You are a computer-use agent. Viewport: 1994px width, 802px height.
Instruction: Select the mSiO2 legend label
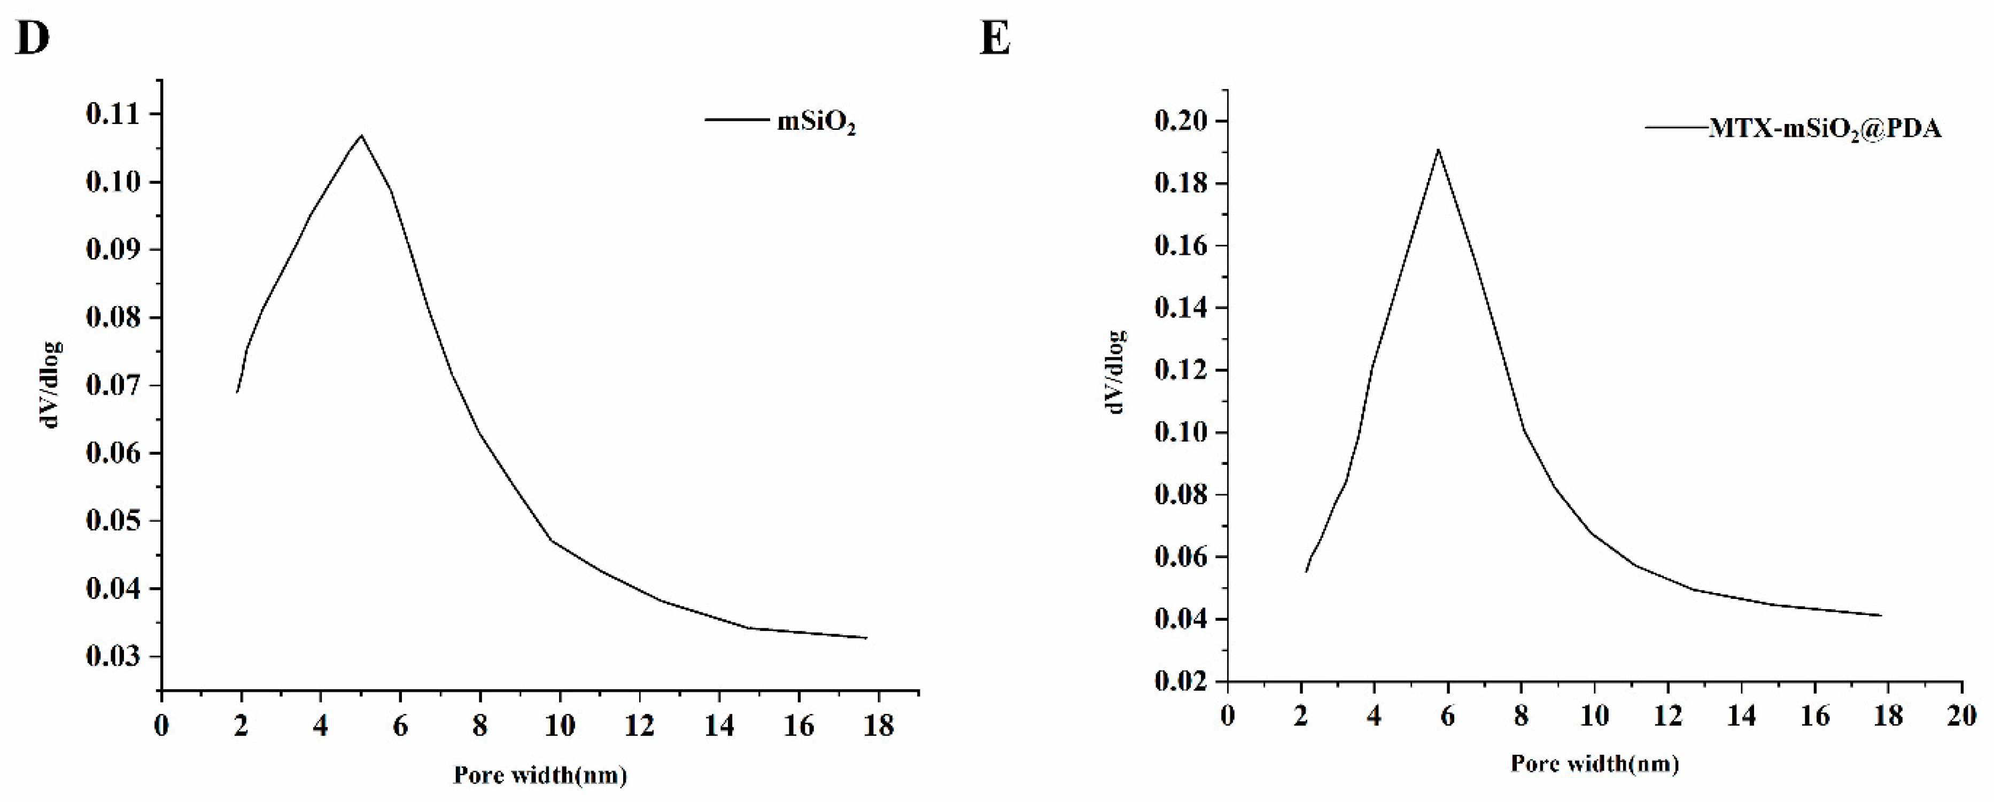coord(816,124)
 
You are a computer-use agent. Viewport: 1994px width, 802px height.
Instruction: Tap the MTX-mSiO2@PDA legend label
coord(1825,129)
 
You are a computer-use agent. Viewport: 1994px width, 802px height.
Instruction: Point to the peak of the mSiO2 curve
coord(361,136)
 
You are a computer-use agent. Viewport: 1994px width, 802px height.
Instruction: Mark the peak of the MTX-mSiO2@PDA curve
coord(1438,150)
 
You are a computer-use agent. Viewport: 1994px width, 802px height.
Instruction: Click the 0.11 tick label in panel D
coord(114,114)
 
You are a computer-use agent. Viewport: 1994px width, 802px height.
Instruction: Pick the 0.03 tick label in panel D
coord(114,657)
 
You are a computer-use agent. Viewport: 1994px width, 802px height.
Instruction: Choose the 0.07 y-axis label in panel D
coord(114,386)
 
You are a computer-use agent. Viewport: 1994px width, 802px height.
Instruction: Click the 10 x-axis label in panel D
coord(559,726)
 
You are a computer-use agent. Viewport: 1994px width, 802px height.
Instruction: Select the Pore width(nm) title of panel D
coord(540,775)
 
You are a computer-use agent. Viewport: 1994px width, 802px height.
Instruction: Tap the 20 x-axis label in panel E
coord(1961,715)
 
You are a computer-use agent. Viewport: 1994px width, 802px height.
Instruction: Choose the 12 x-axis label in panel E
coord(1667,715)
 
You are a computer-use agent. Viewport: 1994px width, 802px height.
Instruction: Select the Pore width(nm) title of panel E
coord(1595,764)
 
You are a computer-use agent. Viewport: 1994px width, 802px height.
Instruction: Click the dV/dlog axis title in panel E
coord(1117,371)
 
